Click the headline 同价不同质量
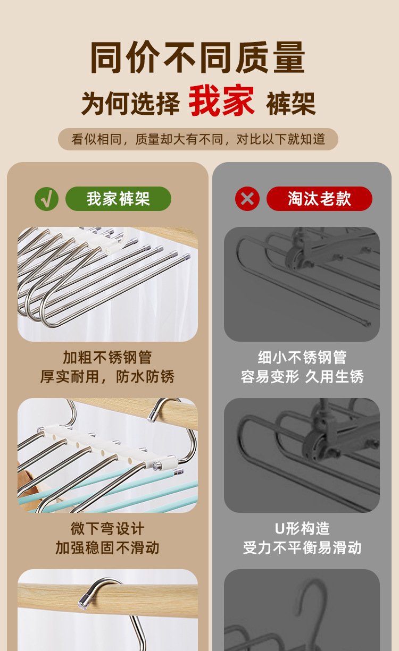(198, 57)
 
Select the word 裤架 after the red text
(290, 103)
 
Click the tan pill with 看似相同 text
(198, 139)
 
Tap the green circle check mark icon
(46, 199)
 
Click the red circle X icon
(247, 199)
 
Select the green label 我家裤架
(118, 199)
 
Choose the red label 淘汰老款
(319, 199)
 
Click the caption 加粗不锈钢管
(107, 358)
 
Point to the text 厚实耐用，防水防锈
(107, 377)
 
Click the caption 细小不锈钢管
(302, 358)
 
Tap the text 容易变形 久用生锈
(302, 377)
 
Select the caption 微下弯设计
(107, 529)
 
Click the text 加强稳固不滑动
(107, 548)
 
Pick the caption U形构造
(302, 529)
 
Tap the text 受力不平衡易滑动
(302, 548)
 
